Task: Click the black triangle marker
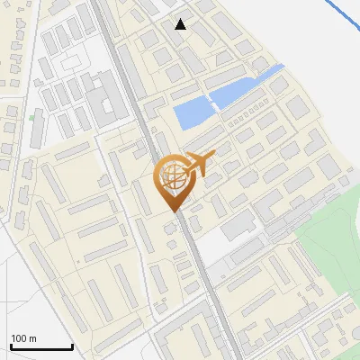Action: (181, 24)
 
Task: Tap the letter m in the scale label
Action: (34, 338)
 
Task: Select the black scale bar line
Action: (40, 346)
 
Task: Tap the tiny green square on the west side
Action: (31, 116)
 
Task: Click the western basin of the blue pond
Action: (191, 114)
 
